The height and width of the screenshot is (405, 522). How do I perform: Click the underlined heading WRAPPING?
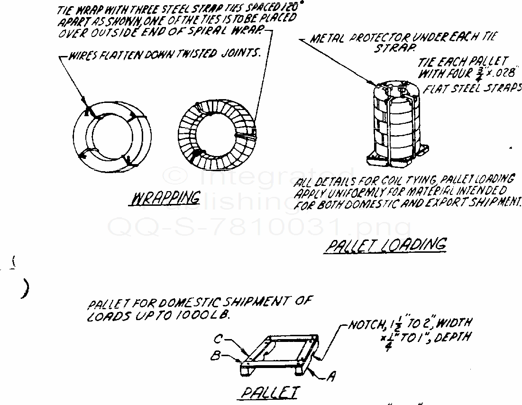tap(165, 199)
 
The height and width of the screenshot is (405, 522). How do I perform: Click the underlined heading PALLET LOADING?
tap(385, 245)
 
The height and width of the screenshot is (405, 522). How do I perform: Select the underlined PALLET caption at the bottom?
tap(271, 393)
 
